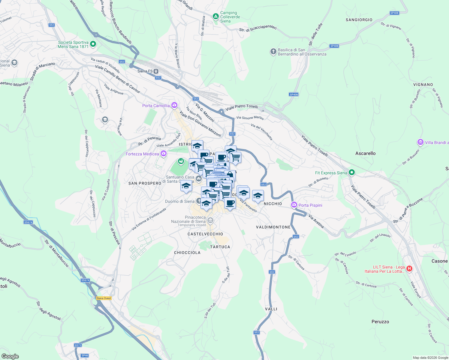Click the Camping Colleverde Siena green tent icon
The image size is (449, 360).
(x=215, y=16)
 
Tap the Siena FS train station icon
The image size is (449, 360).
(x=156, y=71)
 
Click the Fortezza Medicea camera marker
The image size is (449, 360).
(x=164, y=154)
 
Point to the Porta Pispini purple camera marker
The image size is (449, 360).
(x=294, y=205)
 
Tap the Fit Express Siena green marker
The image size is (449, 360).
(x=352, y=172)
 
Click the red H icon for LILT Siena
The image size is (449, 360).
(x=409, y=269)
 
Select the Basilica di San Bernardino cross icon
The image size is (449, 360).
(x=273, y=52)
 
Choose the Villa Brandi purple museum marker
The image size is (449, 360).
(x=420, y=142)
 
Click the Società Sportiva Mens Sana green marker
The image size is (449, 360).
(x=93, y=44)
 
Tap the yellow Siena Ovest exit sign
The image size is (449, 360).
(x=104, y=298)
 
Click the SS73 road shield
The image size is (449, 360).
(x=78, y=345)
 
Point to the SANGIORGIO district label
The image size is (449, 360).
(x=359, y=20)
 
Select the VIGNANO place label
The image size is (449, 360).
(x=423, y=85)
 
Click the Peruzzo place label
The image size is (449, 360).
(x=380, y=322)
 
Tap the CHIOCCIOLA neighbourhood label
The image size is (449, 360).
(x=187, y=253)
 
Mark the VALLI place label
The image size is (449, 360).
(x=271, y=309)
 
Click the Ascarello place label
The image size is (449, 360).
(x=365, y=153)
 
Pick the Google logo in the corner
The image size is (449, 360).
(x=10, y=356)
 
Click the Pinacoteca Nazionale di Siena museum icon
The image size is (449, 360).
(x=210, y=221)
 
